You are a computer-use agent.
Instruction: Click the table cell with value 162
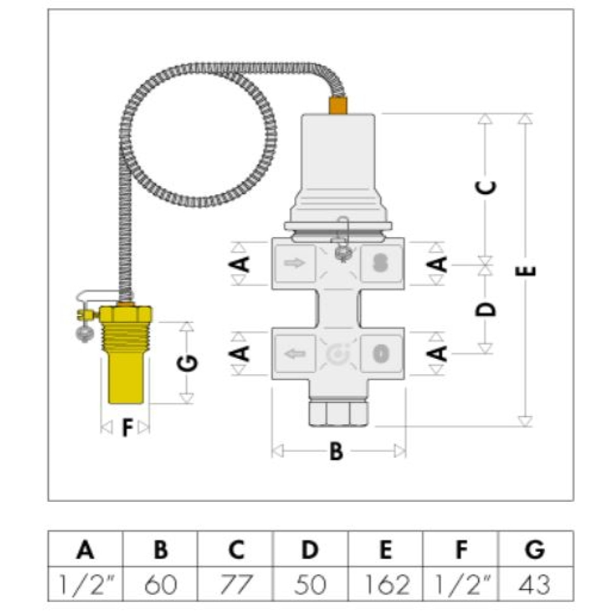(x=386, y=584)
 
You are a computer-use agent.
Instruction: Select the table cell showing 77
(x=236, y=584)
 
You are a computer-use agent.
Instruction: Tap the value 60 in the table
(x=160, y=584)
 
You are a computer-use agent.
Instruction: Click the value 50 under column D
(x=311, y=584)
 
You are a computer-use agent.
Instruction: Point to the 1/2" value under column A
(x=86, y=584)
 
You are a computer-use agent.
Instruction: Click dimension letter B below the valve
(x=336, y=452)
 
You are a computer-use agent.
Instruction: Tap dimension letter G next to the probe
(x=188, y=363)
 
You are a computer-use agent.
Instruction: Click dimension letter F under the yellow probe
(x=127, y=427)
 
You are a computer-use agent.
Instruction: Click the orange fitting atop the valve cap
(x=338, y=105)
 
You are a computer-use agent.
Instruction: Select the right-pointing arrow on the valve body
(x=294, y=263)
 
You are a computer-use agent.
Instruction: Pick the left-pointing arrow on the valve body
(x=294, y=353)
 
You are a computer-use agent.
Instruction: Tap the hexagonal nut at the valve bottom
(x=339, y=414)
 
